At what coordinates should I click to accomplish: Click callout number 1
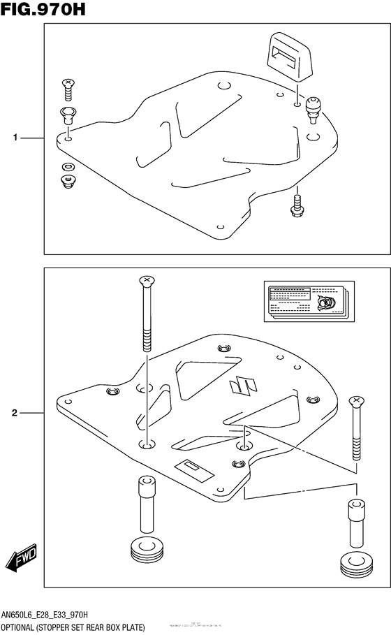click(15, 138)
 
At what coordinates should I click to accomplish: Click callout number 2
click(15, 414)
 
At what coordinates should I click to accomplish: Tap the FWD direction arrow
click(20, 560)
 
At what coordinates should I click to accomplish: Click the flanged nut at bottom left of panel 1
click(68, 182)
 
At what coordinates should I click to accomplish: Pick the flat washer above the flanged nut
click(68, 166)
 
